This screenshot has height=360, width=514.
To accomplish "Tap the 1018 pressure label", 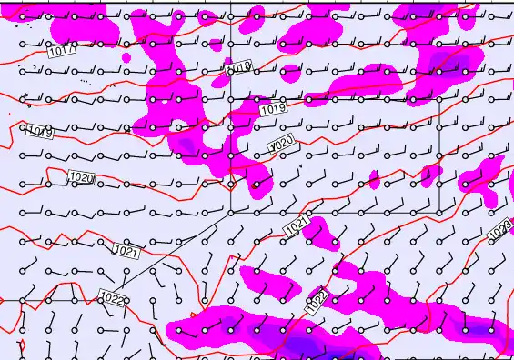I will click(237, 68).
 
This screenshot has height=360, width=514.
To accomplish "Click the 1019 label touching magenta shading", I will click(273, 110).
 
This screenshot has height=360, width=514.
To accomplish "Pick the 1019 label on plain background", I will click(40, 133).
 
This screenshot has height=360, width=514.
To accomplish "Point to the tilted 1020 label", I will click(282, 144).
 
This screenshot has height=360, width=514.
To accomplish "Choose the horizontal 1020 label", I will click(82, 177).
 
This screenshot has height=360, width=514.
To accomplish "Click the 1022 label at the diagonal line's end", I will click(113, 296).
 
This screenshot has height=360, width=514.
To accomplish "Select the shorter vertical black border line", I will click(439, 155).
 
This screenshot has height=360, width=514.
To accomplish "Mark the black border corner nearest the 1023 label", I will click(439, 211).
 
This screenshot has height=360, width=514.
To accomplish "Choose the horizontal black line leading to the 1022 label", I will click(45, 299).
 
